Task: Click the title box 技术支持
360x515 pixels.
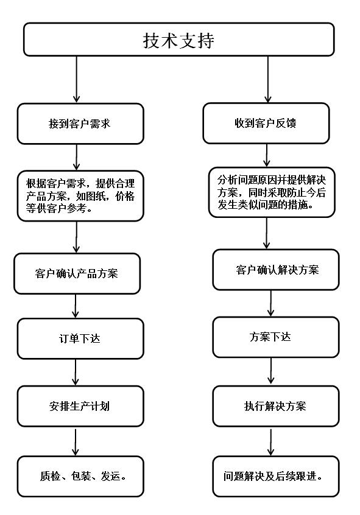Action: (179, 40)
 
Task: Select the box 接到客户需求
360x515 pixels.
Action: (80, 124)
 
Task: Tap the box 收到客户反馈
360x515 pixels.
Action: (266, 123)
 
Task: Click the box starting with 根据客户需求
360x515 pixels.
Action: (80, 196)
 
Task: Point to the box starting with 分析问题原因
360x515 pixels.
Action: (272, 192)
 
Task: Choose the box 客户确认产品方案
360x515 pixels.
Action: (77, 273)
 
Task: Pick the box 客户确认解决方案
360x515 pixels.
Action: (276, 270)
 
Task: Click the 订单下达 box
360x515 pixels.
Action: (80, 338)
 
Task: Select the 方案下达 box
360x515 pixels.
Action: (276, 337)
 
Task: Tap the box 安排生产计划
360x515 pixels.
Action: (80, 406)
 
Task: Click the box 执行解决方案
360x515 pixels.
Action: (276, 406)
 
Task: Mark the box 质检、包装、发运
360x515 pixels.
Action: (80, 477)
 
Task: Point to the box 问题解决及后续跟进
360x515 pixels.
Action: (276, 477)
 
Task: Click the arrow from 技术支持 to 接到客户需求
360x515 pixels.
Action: (77, 79)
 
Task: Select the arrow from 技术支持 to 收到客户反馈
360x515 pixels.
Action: (268, 79)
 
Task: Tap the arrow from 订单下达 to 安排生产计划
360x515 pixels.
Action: (76, 372)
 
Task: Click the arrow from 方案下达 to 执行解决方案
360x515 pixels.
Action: (271, 371)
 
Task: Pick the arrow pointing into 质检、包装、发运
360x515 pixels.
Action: (76, 442)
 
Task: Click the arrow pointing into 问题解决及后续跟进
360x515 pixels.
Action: (271, 442)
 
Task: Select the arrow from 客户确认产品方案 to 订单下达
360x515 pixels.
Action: (76, 306)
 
